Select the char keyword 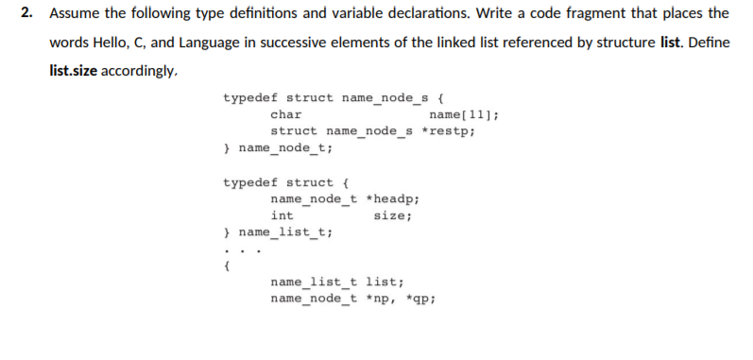tap(286, 114)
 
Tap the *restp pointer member tap(448, 131)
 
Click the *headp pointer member tap(392, 199)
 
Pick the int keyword tap(282, 216)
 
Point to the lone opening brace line tap(226, 266)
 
